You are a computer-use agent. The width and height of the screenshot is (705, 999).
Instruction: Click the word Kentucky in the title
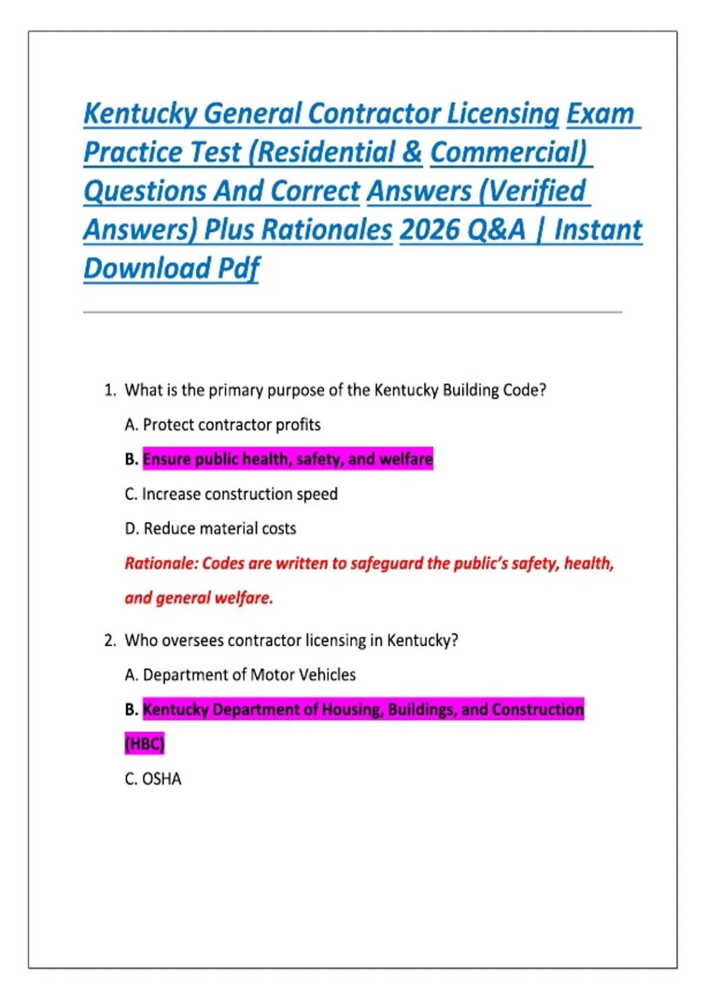point(140,114)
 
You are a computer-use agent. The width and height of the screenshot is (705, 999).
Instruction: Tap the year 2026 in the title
point(429,230)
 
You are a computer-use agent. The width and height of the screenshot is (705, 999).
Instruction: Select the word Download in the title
point(147,269)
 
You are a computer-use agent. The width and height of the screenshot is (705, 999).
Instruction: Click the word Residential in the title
point(321,152)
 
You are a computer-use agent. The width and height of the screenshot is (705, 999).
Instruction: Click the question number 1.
point(109,390)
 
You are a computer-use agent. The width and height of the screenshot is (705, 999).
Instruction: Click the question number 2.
point(109,640)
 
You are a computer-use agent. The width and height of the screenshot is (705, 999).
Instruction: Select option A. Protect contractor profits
point(223,425)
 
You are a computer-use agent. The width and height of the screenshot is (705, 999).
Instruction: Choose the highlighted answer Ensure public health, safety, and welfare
point(287,459)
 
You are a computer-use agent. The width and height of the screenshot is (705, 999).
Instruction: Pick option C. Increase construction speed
point(231,494)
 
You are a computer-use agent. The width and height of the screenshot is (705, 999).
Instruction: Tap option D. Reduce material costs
point(211,529)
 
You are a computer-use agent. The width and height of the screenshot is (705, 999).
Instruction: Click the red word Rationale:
point(161,564)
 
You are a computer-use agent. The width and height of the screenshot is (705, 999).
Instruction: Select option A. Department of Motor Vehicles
point(240,675)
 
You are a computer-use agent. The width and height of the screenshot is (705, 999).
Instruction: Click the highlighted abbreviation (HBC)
point(145,744)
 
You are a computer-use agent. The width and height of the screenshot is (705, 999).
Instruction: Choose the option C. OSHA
point(153,779)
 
